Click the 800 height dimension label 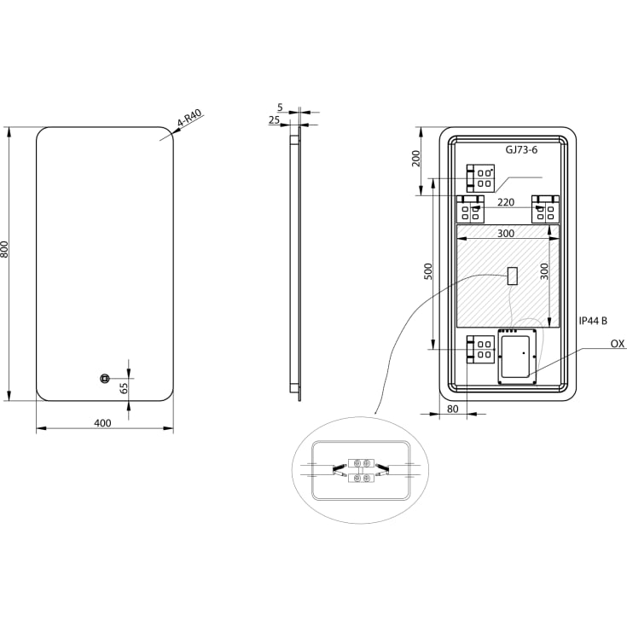point(4,249)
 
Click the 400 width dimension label point(102,422)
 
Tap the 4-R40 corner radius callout point(189,119)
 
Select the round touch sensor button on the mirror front point(104,378)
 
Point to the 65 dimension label point(124,388)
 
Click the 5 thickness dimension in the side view point(280,107)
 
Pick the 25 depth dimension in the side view point(274,119)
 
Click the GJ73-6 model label point(521,149)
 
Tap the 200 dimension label point(416,159)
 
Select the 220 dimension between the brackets point(506,202)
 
